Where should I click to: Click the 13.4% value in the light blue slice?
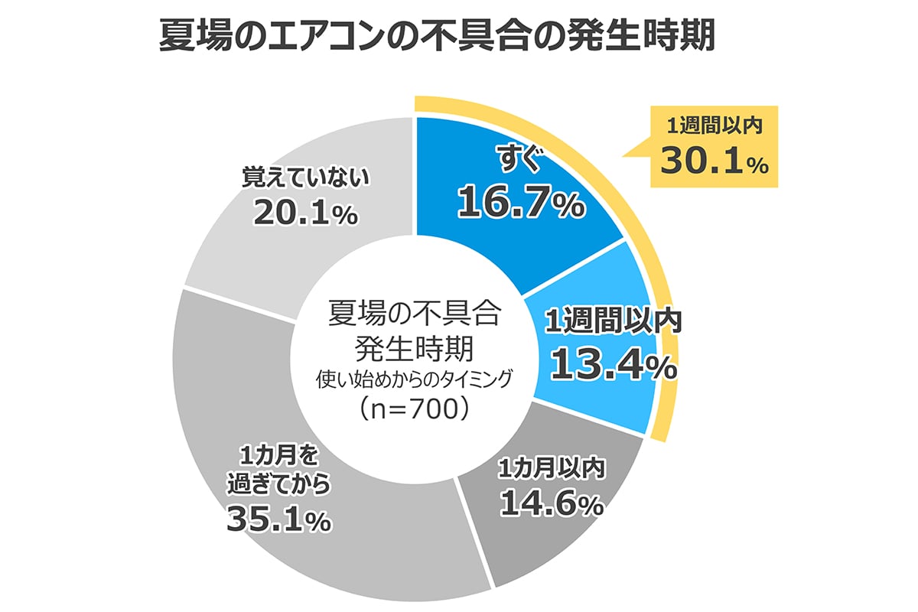pyautogui.click(x=613, y=365)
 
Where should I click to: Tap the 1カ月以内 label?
pyautogui.click(x=552, y=467)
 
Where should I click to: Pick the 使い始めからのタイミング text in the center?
pyautogui.click(x=413, y=378)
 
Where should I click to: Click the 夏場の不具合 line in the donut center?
pyautogui.click(x=413, y=314)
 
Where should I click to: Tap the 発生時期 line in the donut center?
pyautogui.click(x=413, y=347)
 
